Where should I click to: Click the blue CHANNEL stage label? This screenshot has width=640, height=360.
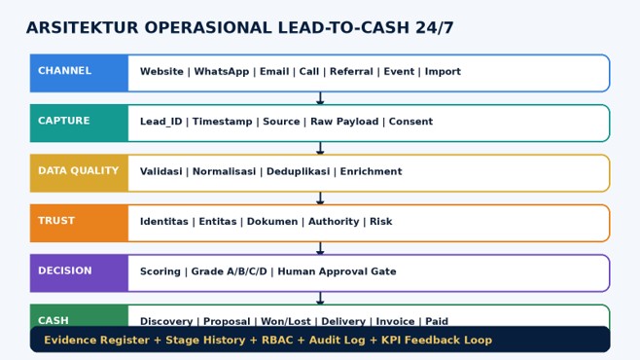click(64, 71)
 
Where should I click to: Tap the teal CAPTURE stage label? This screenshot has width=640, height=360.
click(63, 121)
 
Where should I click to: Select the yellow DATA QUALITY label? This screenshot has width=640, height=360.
click(79, 170)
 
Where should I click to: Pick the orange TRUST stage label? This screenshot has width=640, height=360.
click(56, 221)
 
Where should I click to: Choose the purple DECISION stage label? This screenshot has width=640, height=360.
click(65, 270)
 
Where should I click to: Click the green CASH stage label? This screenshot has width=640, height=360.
click(53, 320)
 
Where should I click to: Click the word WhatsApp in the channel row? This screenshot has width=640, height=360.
click(221, 72)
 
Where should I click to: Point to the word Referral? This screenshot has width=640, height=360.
click(351, 71)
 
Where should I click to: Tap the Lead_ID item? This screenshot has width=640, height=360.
click(160, 122)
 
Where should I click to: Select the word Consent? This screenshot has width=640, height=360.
click(410, 122)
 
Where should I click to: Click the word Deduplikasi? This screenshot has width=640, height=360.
click(298, 171)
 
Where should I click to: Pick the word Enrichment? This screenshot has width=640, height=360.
click(371, 171)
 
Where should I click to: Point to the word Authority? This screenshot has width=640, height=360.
click(334, 222)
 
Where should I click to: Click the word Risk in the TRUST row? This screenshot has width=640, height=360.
click(381, 221)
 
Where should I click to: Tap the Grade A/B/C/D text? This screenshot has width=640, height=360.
click(229, 271)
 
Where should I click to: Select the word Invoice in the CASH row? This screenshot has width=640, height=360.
click(395, 321)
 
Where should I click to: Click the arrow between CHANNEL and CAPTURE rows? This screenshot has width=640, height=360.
click(320, 98)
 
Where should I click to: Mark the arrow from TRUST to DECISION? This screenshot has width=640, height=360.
click(320, 248)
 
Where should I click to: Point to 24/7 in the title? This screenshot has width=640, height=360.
click(434, 28)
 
